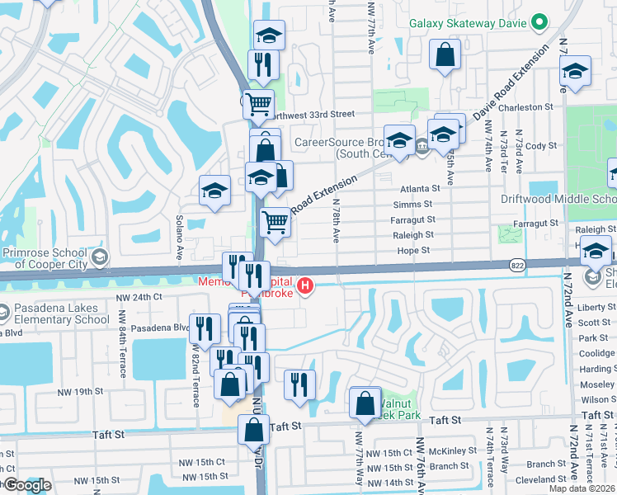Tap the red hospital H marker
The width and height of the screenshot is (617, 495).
306,287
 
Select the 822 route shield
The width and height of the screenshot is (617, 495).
516,264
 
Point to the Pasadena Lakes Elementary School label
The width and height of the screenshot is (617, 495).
54,313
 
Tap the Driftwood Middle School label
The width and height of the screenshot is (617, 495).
558,199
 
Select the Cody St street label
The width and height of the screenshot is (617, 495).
541,146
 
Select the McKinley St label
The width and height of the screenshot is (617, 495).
450,451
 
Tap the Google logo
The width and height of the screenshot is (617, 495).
26,486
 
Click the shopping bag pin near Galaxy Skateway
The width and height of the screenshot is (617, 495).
445,55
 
